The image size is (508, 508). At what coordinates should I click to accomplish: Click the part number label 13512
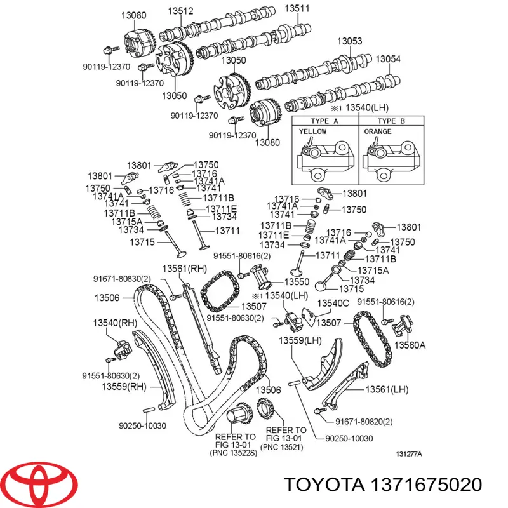pyautogui.click(x=180, y=10)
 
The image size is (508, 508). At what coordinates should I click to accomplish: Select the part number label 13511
pyautogui.click(x=296, y=8)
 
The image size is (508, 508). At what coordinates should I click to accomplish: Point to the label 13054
pyautogui.click(x=388, y=58)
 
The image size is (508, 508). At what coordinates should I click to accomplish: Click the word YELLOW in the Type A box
pyautogui.click(x=312, y=131)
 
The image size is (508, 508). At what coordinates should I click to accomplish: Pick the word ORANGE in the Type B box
pyautogui.click(x=378, y=131)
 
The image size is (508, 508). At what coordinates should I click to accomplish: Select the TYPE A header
pyautogui.click(x=323, y=121)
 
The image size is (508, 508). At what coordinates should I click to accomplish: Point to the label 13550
pyautogui.click(x=296, y=281)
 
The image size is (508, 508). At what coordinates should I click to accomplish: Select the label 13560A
pyautogui.click(x=410, y=345)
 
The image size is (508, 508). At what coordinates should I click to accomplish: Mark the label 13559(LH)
pyautogui.click(x=300, y=341)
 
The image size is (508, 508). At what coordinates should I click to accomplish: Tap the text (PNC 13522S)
pyautogui.click(x=235, y=453)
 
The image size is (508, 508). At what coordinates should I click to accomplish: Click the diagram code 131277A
pyautogui.click(x=410, y=454)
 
